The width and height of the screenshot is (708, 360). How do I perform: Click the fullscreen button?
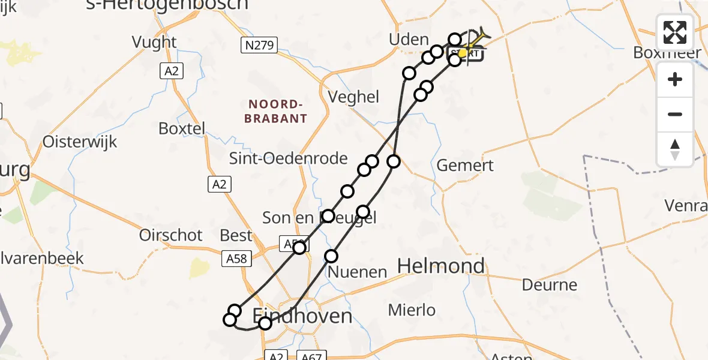click(675, 32)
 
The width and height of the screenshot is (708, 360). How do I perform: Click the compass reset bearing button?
click(675, 149)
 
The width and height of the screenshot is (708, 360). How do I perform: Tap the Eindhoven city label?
click(302, 315)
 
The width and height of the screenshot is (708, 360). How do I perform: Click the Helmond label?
click(441, 266)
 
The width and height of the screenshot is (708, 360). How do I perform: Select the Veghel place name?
click(354, 97)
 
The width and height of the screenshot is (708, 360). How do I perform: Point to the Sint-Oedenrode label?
click(289, 158)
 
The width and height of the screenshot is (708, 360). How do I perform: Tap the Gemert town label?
click(465, 166)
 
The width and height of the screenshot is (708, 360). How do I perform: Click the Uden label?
click(409, 40)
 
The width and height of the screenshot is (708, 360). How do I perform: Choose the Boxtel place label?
click(182, 128)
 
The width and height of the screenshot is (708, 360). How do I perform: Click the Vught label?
click(155, 42)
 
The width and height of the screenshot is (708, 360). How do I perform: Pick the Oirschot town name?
click(171, 235)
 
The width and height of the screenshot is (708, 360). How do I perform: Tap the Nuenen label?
click(358, 272)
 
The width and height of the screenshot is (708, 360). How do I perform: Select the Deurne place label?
click(549, 284)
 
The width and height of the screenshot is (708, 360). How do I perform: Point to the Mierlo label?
click(412, 310)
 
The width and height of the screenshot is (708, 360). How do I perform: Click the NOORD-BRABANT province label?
click(276, 111)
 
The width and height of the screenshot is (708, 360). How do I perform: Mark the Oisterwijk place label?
click(80, 142)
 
